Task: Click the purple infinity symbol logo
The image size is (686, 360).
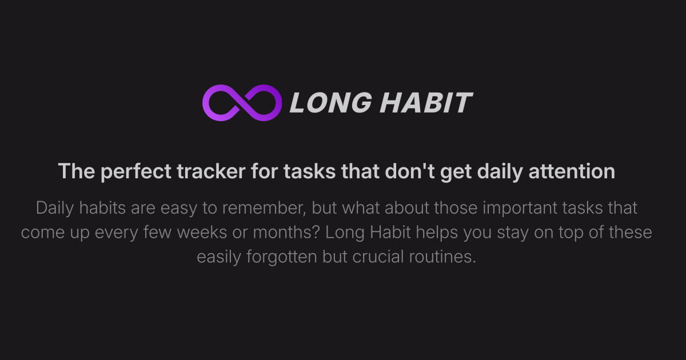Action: pos(242,103)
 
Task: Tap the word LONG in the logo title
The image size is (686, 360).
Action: pos(331,103)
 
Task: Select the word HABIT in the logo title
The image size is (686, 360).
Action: pos(426,103)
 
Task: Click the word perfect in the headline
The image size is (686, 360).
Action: pos(135,171)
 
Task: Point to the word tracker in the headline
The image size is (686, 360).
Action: pos(211,171)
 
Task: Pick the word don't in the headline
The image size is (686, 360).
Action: pos(409,171)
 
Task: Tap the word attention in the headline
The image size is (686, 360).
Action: pos(572,171)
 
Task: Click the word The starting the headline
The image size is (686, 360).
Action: pos(77,171)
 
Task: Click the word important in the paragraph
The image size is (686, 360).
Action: pos(520,209)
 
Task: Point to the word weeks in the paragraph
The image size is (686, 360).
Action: pos(202,233)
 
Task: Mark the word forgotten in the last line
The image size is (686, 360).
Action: pos(281,257)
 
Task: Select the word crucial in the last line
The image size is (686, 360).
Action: pos(378,257)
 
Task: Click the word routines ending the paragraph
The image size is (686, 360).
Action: pos(442,257)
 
